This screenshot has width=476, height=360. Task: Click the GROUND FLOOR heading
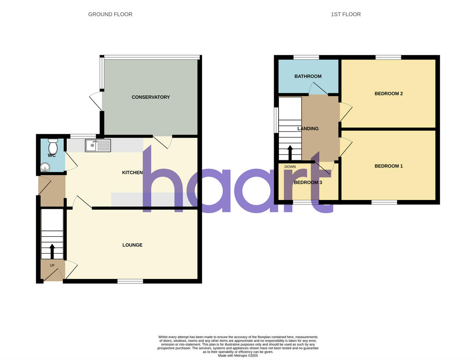[110, 14]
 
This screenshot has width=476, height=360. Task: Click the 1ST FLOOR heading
[345, 14]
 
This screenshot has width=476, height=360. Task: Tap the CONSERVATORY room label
[151, 97]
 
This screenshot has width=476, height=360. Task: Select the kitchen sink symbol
[98, 146]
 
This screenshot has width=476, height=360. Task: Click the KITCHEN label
[132, 173]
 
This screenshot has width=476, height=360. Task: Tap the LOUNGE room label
[132, 245]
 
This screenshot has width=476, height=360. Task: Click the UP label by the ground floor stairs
[52, 265]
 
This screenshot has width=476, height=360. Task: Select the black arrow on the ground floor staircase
[52, 251]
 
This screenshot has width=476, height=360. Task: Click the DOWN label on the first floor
[290, 167]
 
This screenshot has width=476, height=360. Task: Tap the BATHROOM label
[308, 76]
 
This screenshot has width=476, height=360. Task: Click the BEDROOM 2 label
[388, 94]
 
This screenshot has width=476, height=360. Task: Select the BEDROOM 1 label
[388, 166]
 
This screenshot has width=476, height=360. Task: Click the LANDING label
[308, 129]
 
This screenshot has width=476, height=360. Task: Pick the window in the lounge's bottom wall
[130, 281]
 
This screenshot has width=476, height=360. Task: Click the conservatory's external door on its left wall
[96, 101]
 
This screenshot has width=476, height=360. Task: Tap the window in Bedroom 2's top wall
[388, 57]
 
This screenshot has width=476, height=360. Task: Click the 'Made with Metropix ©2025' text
[238, 356]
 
